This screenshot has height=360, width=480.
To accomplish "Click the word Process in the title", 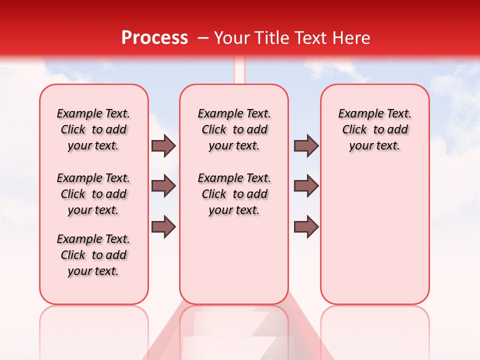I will pyautogui.click(x=154, y=38).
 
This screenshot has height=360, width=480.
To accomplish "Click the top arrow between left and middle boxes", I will pyautogui.click(x=163, y=146).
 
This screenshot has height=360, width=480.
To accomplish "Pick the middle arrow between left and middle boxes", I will pyautogui.click(x=163, y=186).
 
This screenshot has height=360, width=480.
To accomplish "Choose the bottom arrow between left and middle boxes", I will pyautogui.click(x=163, y=227).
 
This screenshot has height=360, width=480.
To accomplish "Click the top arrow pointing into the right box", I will pyautogui.click(x=306, y=146).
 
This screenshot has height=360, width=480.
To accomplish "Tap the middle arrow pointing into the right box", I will pyautogui.click(x=306, y=186).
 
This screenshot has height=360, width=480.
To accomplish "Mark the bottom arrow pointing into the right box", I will pyautogui.click(x=306, y=227).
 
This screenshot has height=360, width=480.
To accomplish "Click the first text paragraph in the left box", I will pyautogui.click(x=93, y=129).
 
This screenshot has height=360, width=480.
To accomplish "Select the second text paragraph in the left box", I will pyautogui.click(x=93, y=194).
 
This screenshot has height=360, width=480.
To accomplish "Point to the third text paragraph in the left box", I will pyautogui.click(x=93, y=255).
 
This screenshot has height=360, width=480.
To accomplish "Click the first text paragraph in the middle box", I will pyautogui.click(x=234, y=129).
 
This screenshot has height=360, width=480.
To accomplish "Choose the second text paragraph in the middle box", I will pyautogui.click(x=234, y=194).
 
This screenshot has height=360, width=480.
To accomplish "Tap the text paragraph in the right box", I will pyautogui.click(x=375, y=129).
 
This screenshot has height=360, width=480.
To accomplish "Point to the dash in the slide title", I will pyautogui.click(x=203, y=38).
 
